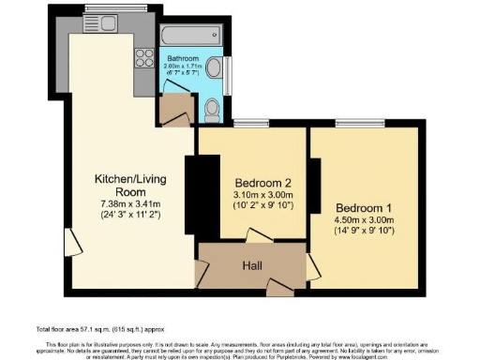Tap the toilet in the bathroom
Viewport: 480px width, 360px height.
pyautogui.click(x=211, y=111)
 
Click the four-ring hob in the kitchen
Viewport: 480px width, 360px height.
pyautogui.click(x=145, y=58)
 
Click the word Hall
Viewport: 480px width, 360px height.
pyautogui.click(x=251, y=265)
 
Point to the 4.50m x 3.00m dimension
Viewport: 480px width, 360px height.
pyautogui.click(x=360, y=221)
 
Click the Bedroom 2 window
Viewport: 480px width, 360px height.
pyautogui.click(x=246, y=123)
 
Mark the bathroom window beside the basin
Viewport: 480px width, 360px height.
pyautogui.click(x=229, y=71)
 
